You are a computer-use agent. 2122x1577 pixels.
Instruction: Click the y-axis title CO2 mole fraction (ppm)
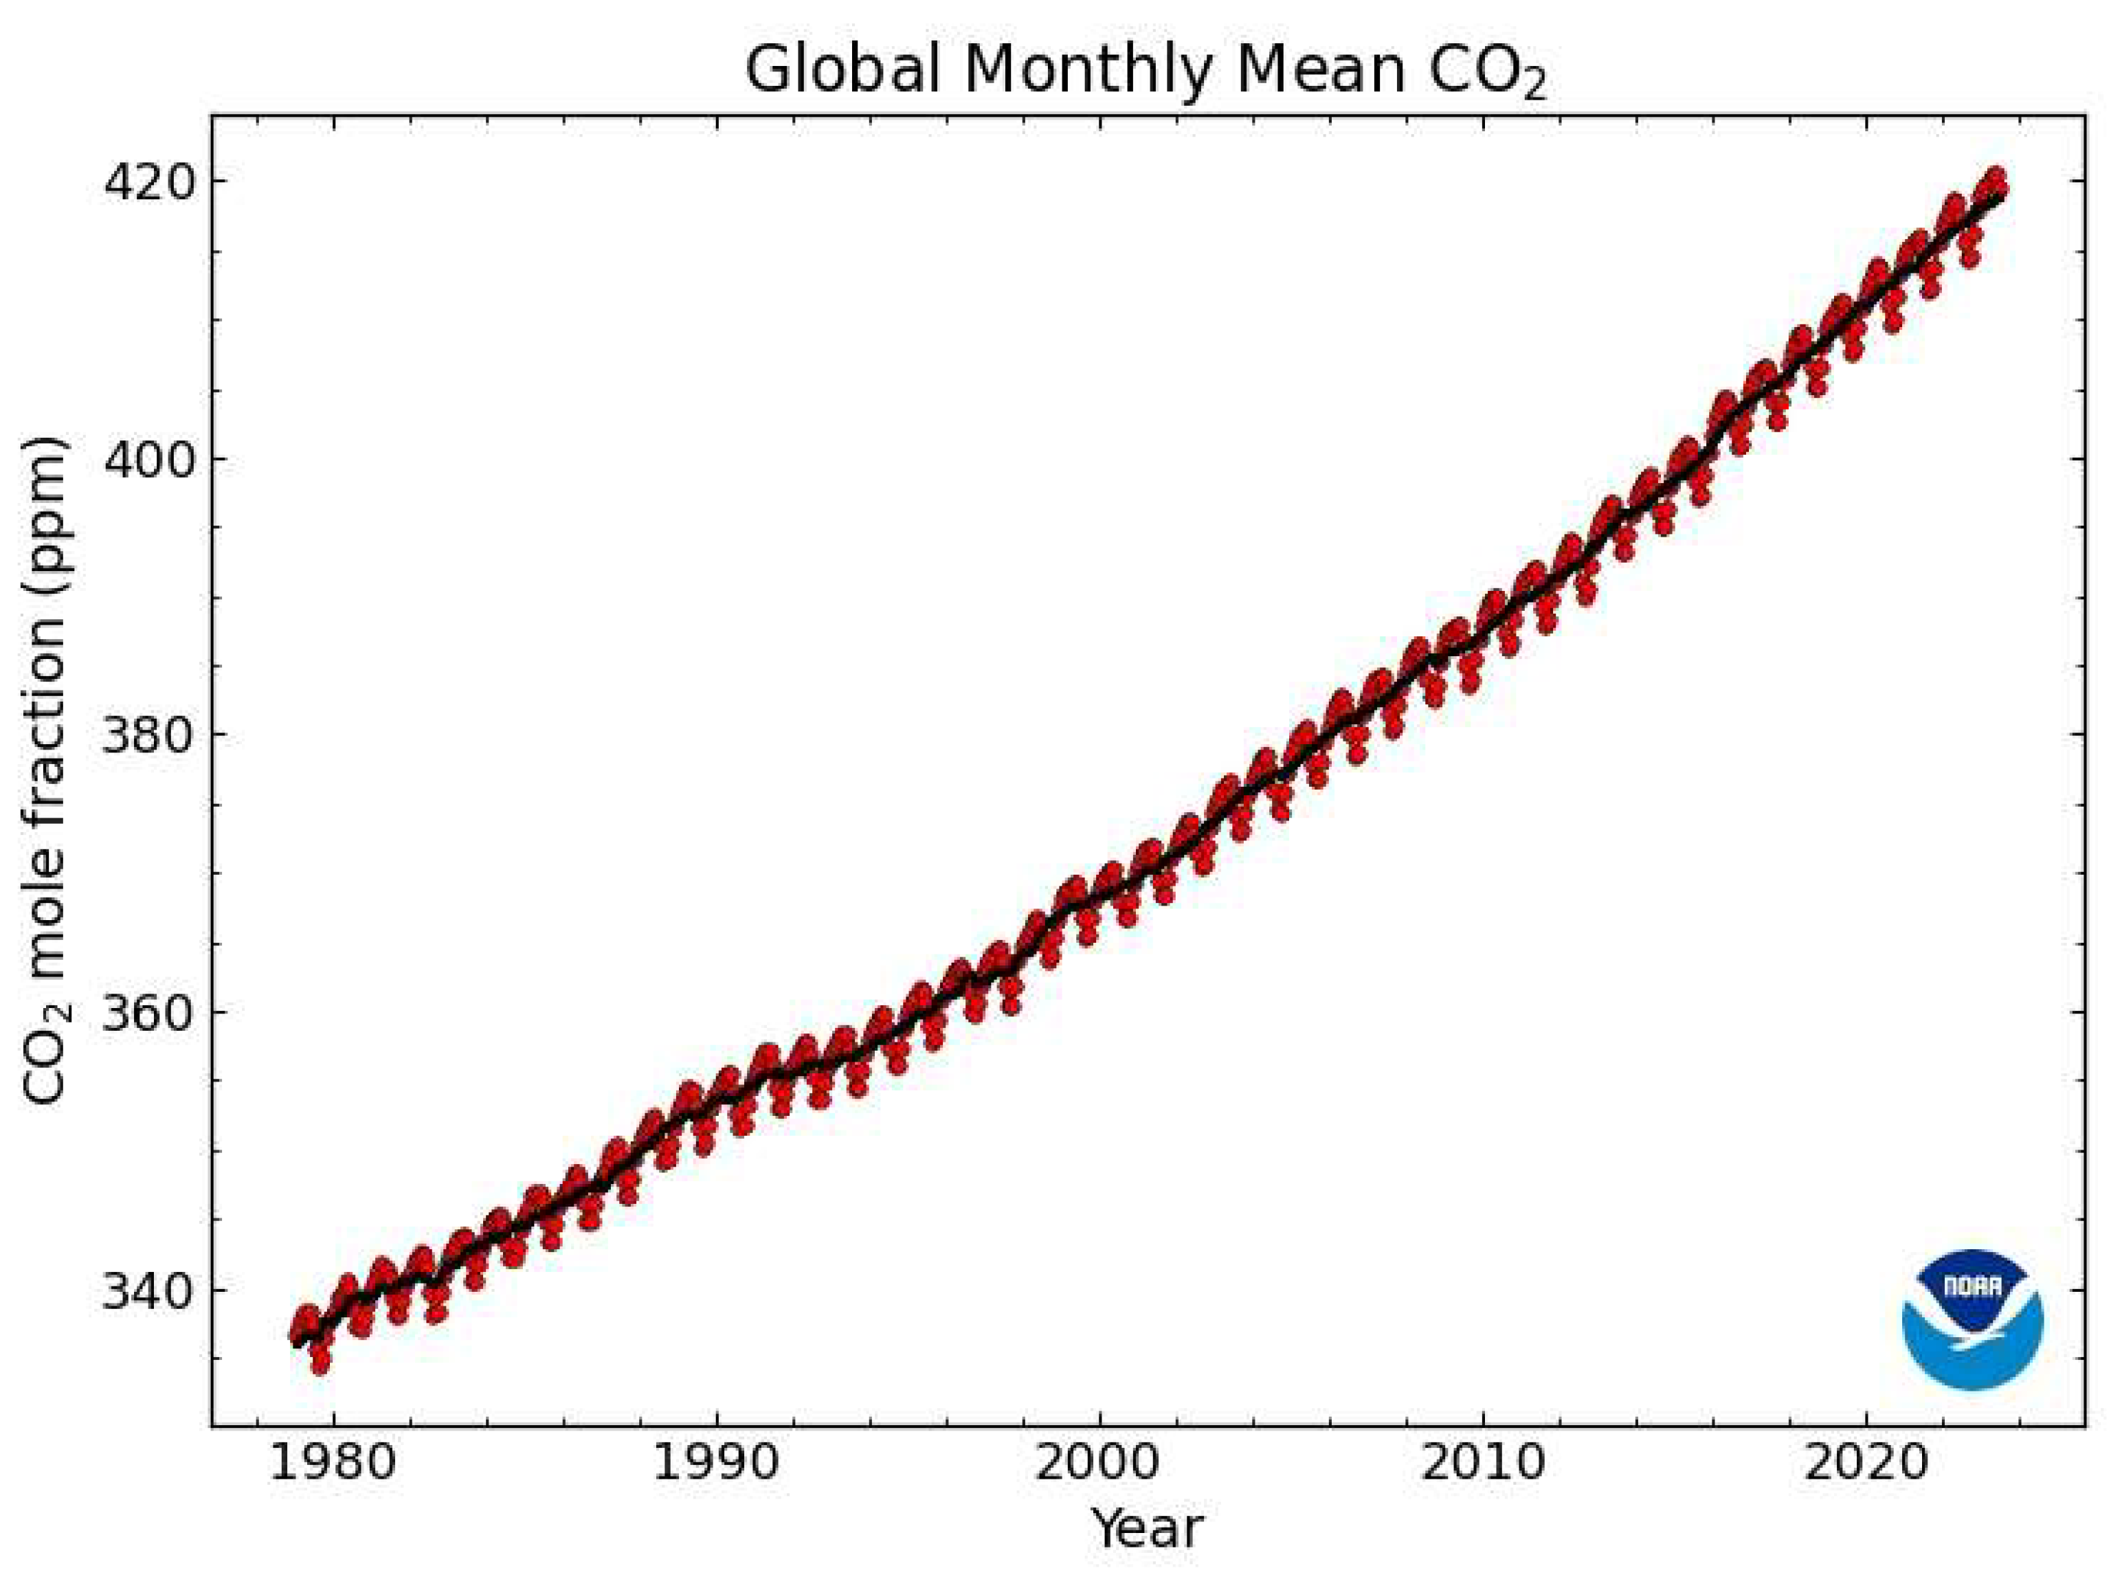coord(46,771)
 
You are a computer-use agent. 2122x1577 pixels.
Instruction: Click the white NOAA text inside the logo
coord(1972,1286)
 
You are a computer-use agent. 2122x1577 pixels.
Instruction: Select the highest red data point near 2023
coord(1994,177)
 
